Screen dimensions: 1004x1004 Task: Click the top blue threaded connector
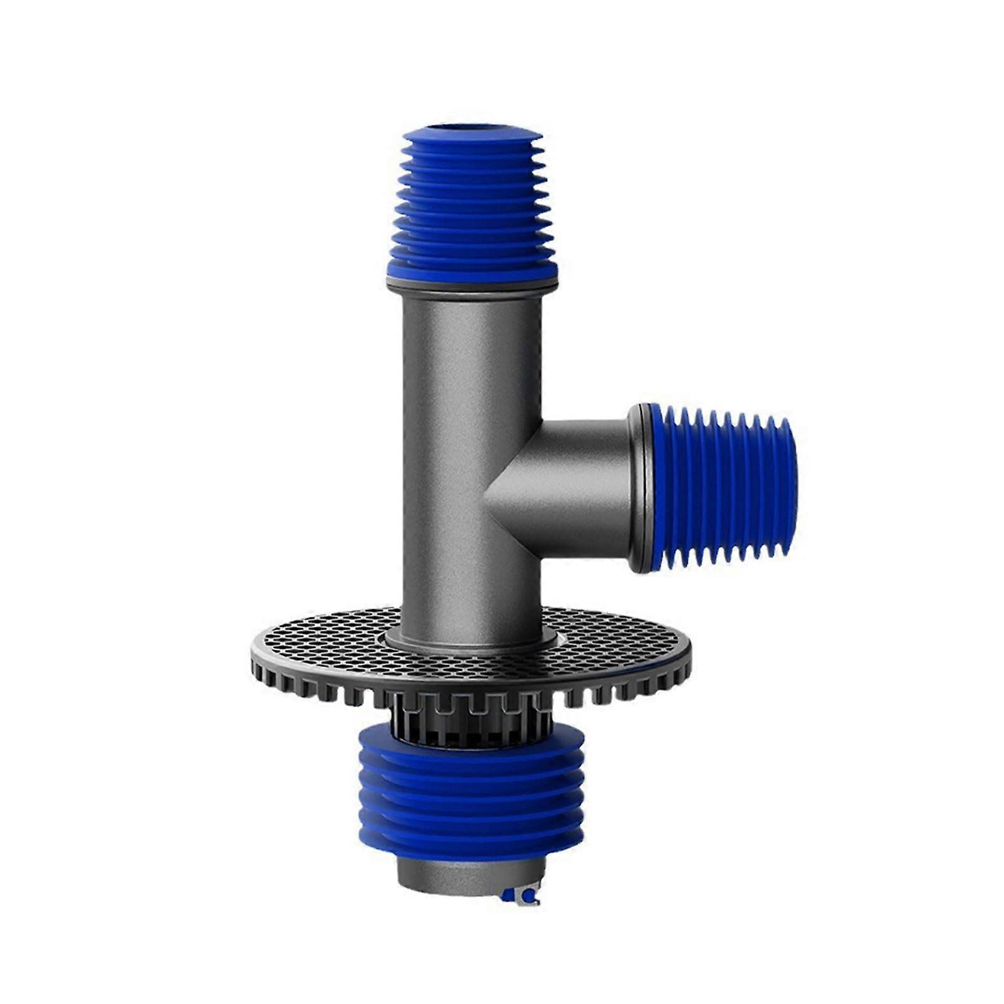[472, 201]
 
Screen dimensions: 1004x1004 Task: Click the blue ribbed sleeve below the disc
[471, 797]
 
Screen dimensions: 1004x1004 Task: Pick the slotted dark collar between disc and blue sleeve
[471, 722]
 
